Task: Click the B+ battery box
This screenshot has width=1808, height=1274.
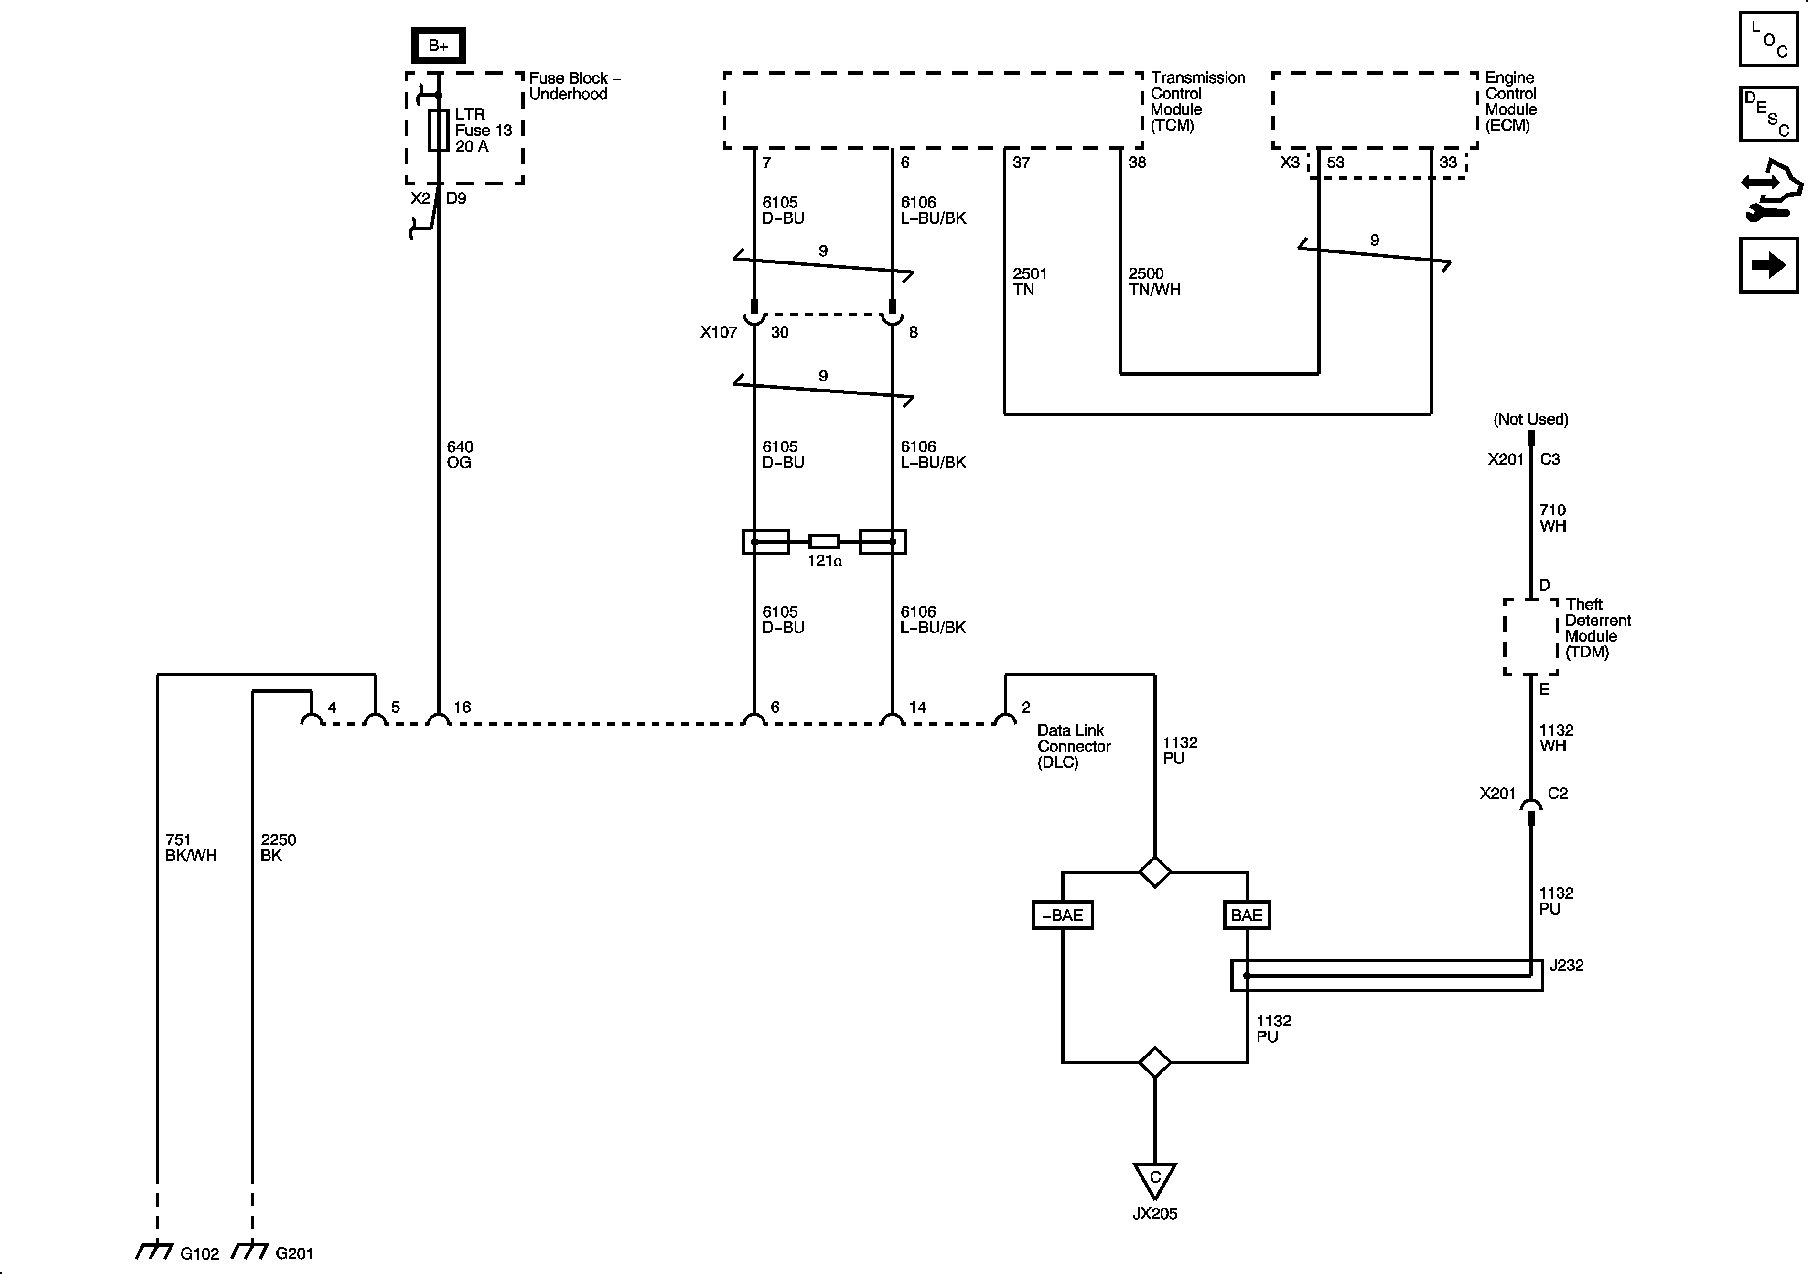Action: (x=438, y=46)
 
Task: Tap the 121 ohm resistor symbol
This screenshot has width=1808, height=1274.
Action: (x=824, y=541)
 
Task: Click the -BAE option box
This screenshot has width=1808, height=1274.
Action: (x=1062, y=915)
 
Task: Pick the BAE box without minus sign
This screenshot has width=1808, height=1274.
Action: (x=1247, y=915)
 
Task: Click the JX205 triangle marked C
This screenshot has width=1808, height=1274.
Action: (x=1154, y=1179)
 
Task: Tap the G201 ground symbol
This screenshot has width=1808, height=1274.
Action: (x=250, y=1251)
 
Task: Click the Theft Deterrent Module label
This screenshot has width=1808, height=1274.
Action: (x=1597, y=628)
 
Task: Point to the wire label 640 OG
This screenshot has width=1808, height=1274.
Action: (x=460, y=455)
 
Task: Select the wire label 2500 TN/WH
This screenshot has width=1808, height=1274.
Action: (x=1153, y=281)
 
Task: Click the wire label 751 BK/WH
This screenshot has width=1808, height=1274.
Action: (x=191, y=847)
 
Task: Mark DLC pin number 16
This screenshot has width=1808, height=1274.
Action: (x=462, y=707)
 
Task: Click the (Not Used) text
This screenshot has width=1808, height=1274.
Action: (x=1530, y=419)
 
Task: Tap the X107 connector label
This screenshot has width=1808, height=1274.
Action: (x=718, y=332)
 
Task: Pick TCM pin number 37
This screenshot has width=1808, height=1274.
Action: (x=1022, y=163)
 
